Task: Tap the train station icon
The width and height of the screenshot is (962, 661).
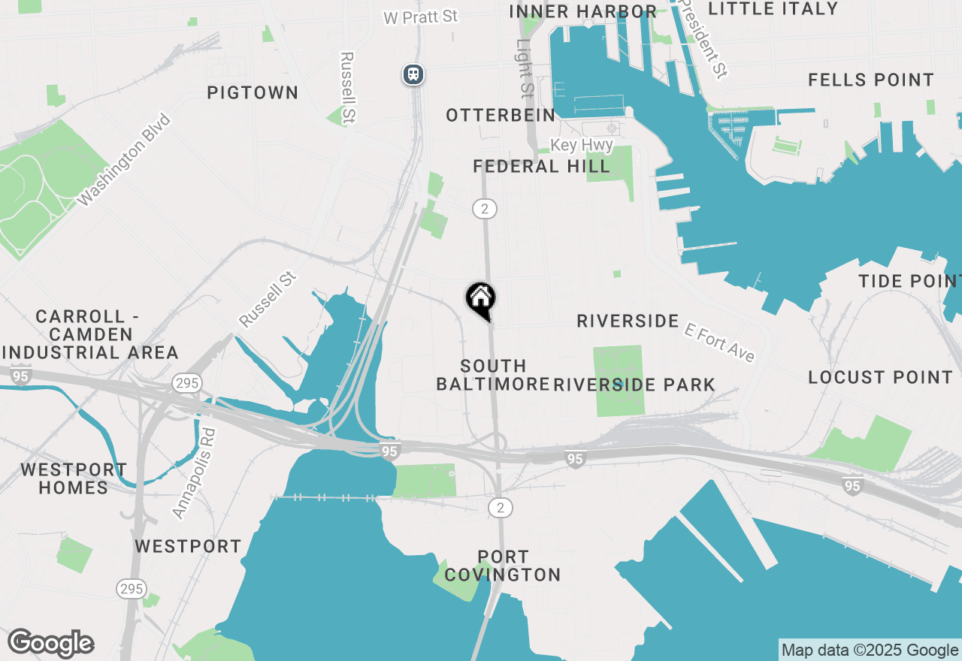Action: tap(413, 74)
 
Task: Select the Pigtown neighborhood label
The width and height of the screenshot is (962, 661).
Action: tap(253, 92)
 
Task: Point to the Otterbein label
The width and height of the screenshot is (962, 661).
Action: tap(501, 115)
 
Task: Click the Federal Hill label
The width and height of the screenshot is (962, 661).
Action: tap(541, 166)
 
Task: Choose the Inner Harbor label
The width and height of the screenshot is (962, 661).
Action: tap(582, 11)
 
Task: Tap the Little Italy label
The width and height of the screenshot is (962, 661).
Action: tap(773, 9)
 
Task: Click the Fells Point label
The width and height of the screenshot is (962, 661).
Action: tap(871, 80)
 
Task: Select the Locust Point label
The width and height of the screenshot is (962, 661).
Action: tap(880, 377)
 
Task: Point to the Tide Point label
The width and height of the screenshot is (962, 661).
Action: tap(909, 281)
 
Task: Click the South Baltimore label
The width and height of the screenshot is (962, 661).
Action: tap(493, 375)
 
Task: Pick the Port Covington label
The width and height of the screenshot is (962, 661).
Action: tap(502, 566)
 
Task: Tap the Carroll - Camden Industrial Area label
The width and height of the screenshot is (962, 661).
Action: tap(90, 334)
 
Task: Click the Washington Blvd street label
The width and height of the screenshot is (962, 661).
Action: tap(125, 160)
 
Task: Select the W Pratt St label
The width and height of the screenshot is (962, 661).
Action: tap(420, 17)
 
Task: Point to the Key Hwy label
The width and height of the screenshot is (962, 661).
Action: tap(582, 145)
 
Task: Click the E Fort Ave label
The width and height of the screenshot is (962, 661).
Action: tap(720, 342)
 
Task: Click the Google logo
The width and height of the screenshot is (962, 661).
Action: tap(51, 644)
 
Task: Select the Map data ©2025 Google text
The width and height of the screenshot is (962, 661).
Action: tap(870, 650)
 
